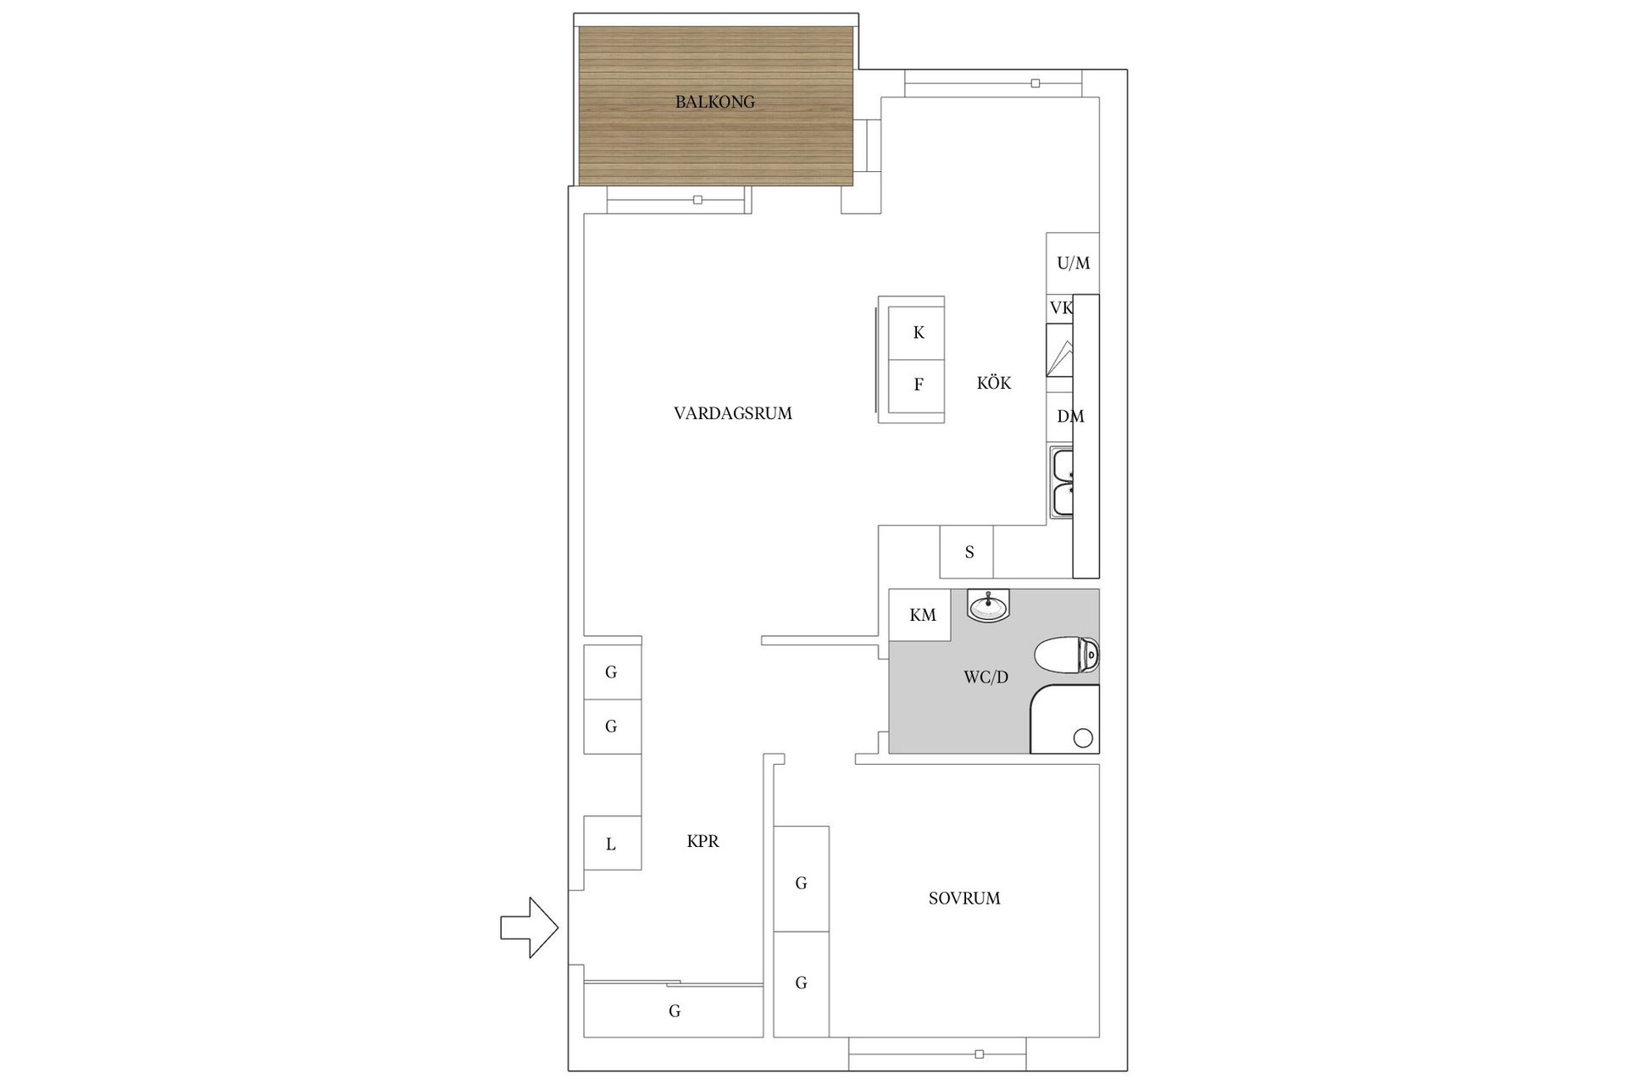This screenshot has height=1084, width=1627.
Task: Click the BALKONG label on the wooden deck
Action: click(x=714, y=102)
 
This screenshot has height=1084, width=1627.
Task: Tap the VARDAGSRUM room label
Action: click(x=733, y=413)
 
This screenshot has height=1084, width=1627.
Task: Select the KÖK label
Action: click(x=993, y=384)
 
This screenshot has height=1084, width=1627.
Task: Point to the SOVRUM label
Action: click(x=964, y=899)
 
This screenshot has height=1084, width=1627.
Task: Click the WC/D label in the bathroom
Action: click(x=986, y=677)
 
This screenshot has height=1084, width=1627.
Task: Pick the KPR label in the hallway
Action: click(x=702, y=842)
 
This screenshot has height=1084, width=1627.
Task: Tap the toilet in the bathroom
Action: click(x=1067, y=655)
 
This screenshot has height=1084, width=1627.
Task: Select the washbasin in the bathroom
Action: click(x=988, y=606)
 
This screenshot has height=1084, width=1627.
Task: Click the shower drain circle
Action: click(x=1083, y=738)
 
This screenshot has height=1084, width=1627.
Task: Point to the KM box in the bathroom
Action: click(x=921, y=616)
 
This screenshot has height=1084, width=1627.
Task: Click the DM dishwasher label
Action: click(x=1069, y=417)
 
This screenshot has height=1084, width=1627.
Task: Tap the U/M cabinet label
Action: click(x=1073, y=263)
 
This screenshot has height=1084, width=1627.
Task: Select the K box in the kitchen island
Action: click(x=917, y=333)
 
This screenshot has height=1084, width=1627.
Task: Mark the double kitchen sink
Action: click(x=1062, y=483)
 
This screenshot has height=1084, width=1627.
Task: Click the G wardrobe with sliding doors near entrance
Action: click(x=674, y=1010)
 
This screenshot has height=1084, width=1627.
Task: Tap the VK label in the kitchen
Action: click(x=1061, y=308)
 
